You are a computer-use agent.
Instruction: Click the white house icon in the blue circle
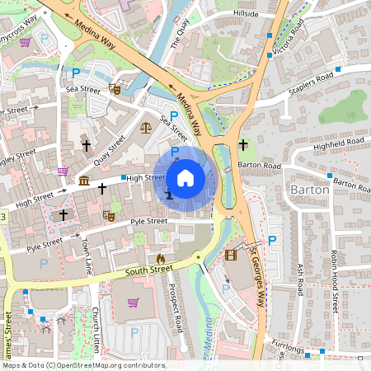(x=185, y=178)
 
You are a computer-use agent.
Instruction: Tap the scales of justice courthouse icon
(x=146, y=128)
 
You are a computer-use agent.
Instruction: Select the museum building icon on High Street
(x=84, y=181)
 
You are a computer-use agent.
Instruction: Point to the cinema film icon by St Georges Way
(x=230, y=256)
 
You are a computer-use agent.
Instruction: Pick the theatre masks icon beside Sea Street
(x=115, y=87)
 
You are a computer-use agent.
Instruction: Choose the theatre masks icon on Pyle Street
(x=108, y=216)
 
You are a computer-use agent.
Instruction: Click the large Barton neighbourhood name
(x=310, y=190)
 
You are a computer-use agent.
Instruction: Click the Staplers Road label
(x=312, y=82)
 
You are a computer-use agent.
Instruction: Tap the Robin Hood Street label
(x=335, y=280)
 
